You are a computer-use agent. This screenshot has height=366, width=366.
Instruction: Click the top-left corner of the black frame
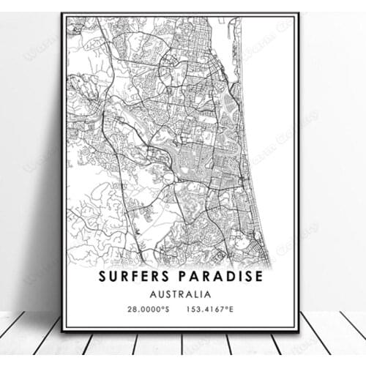63,13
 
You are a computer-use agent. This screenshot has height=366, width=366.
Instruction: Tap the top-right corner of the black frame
299,13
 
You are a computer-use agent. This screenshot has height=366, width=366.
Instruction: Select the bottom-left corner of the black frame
63,331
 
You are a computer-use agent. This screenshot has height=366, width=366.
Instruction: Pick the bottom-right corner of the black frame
299,331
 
